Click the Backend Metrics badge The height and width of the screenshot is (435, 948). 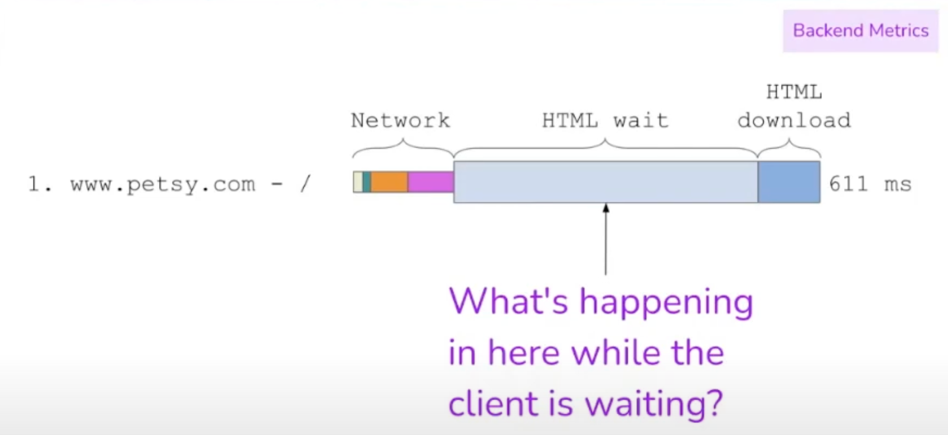860,31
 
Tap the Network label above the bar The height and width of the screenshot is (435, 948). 401,121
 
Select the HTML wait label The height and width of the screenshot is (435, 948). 605,121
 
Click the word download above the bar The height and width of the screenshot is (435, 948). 794,121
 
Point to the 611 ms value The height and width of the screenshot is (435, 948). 870,184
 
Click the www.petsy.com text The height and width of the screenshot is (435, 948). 163,185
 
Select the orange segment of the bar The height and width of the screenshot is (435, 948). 389,182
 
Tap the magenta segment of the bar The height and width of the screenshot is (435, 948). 431,182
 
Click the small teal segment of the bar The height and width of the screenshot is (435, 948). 367,182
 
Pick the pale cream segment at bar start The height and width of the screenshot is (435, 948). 358,182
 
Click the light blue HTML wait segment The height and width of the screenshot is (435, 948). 606,182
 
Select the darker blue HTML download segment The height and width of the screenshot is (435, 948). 789,182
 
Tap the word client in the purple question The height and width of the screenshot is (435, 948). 494,403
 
